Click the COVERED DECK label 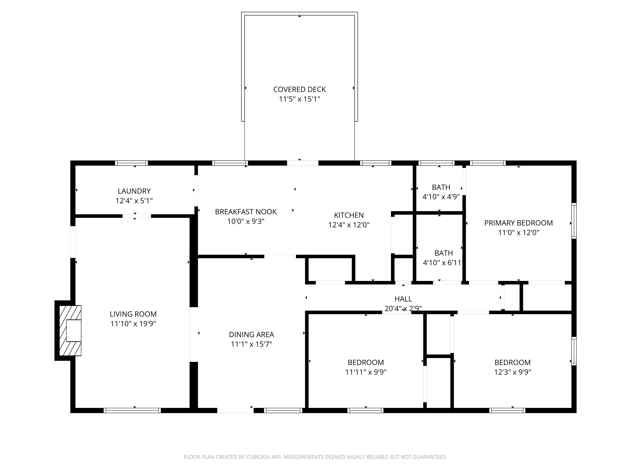tap(299, 90)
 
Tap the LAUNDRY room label tap(134, 191)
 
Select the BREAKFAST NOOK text tap(246, 212)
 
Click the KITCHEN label tap(349, 215)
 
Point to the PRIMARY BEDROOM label tap(518, 223)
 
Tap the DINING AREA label tap(251, 335)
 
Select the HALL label tap(403, 299)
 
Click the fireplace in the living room tap(70, 331)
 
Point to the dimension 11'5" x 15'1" tap(299, 99)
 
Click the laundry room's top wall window tap(131, 163)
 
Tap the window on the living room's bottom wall tap(132, 411)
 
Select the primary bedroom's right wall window tap(574, 221)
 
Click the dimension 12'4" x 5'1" tap(134, 201)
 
